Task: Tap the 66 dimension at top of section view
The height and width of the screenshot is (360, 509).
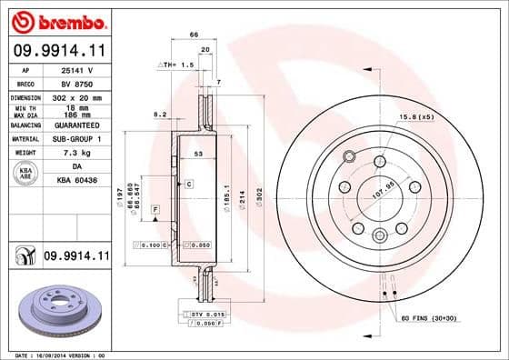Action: pyautogui.click(x=194, y=34)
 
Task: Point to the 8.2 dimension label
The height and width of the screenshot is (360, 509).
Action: pyautogui.click(x=161, y=115)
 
